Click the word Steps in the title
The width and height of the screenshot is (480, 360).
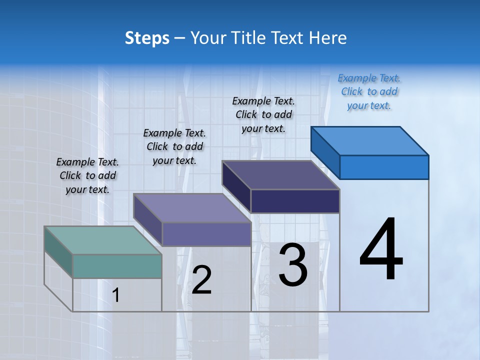coord(147,38)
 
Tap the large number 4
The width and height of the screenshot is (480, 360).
coord(381,249)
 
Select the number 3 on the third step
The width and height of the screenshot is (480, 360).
coord(293,265)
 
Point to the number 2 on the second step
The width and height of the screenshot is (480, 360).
coord(202,280)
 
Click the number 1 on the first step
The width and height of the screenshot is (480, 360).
coord(116,295)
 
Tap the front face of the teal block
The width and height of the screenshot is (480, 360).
coord(117,266)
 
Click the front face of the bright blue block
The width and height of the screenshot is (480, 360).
coord(384,167)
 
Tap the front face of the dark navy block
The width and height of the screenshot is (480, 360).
coord(295,201)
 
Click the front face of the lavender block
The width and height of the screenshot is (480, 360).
coord(206,234)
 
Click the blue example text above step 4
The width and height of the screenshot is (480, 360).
coord(369,91)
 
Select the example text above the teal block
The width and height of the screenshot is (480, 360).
coord(87,175)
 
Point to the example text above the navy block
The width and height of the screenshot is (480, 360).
coord(263,114)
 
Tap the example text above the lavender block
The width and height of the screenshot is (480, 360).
coord(174,146)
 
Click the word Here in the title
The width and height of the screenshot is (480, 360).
coord(329,38)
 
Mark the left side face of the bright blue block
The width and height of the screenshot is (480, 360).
coord(325,152)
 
